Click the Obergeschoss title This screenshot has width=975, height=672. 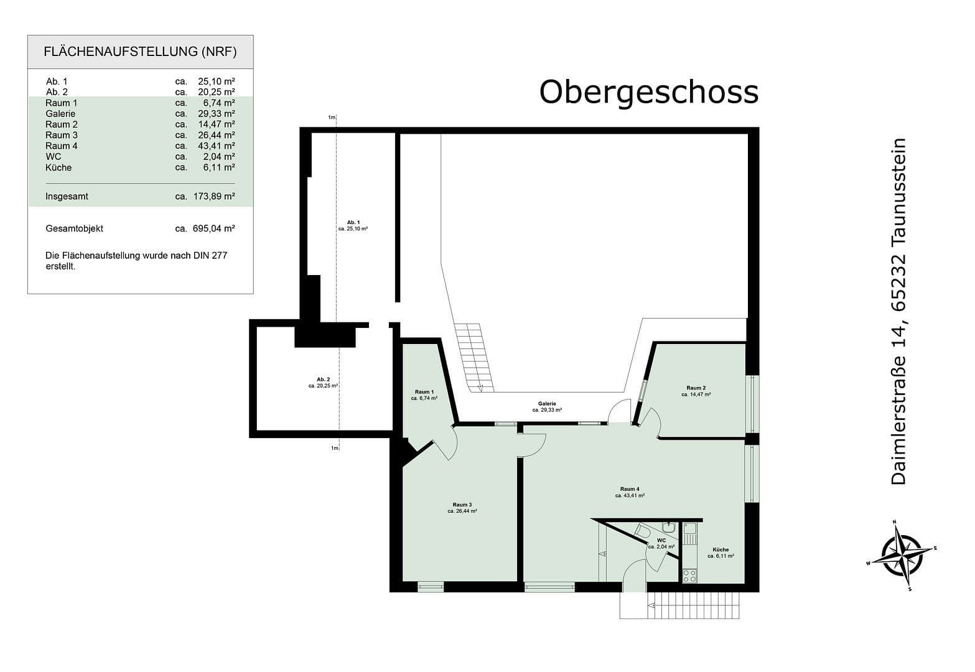coord(648,92)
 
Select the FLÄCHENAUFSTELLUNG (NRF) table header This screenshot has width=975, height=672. coord(140,52)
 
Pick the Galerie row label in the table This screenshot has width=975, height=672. coord(60,114)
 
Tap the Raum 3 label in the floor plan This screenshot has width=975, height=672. coord(462,505)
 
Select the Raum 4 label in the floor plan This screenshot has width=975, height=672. coord(630,488)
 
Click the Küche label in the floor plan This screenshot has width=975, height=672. coord(721,550)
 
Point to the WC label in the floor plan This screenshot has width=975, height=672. coord(661,541)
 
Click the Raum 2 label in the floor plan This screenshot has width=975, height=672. coord(696,388)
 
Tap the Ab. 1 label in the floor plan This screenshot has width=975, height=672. coord(353,223)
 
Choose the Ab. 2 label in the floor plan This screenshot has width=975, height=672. coord(323,380)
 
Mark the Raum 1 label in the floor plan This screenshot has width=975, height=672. coord(424,392)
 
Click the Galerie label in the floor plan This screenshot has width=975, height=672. coord(547,404)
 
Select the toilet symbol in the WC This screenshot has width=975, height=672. coord(643,531)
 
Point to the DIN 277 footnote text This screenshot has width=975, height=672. coord(136,261)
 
